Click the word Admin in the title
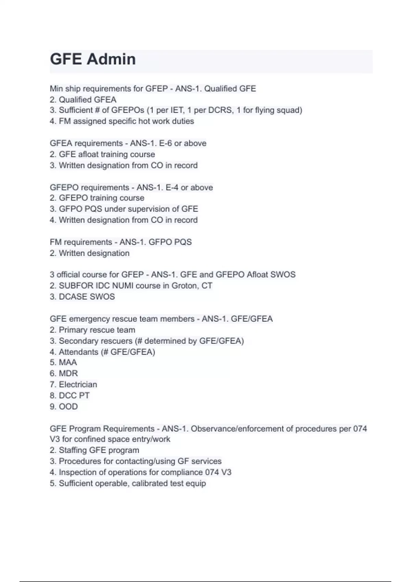[x=111, y=59]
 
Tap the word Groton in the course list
[x=184, y=286]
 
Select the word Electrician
[x=78, y=384]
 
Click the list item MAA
[x=68, y=363]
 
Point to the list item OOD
[x=68, y=407]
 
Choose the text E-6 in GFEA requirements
[x=165, y=143]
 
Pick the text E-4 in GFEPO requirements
[x=172, y=188]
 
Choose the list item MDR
[x=68, y=374]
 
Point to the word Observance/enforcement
[x=246, y=429]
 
